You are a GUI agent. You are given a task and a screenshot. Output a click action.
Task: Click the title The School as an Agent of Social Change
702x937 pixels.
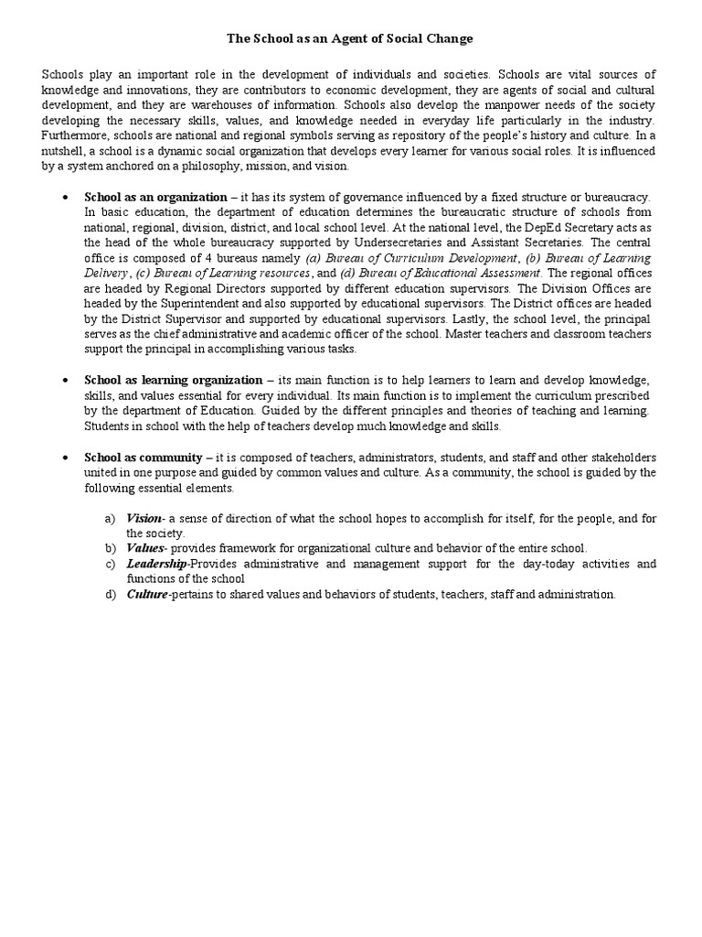[x=351, y=39]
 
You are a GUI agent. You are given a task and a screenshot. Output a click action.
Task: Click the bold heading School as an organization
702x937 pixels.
[x=155, y=197]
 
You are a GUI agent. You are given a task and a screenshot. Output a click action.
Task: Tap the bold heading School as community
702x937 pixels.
[x=143, y=457]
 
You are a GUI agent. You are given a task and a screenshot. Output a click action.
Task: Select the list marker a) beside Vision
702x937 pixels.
[x=110, y=519]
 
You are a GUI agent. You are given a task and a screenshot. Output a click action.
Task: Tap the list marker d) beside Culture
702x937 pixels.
[x=110, y=595]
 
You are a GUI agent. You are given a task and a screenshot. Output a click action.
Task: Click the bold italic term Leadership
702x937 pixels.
[x=156, y=564]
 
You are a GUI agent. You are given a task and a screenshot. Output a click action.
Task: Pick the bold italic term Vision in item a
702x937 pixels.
[x=144, y=519]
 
